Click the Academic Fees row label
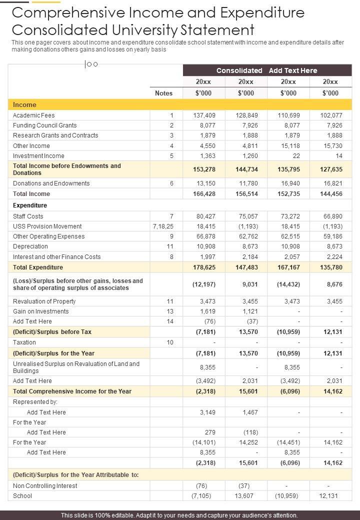(34, 115)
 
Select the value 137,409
(204, 115)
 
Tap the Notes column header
(163, 93)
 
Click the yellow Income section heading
(24, 105)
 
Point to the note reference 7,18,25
(162, 226)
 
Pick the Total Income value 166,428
(204, 194)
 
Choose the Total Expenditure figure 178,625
(204, 267)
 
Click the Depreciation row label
(30, 246)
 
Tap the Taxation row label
(24, 342)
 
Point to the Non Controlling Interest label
(45, 486)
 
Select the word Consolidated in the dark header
(239, 70)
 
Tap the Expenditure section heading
(30, 205)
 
